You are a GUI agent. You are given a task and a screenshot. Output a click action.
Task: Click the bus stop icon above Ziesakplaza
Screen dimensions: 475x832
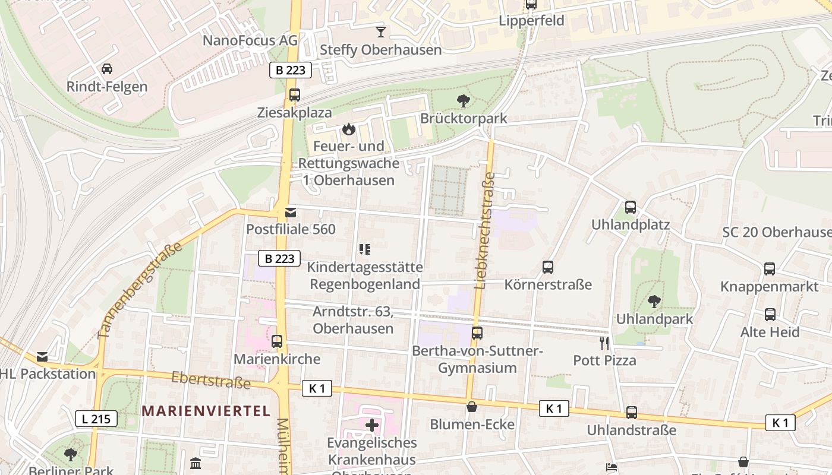tap(294, 95)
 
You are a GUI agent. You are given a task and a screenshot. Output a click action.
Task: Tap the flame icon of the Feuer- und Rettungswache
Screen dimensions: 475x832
tap(348, 128)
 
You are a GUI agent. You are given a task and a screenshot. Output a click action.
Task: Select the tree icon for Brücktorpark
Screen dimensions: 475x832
tap(463, 101)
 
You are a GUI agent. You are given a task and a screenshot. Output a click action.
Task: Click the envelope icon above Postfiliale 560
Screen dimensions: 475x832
tap(291, 212)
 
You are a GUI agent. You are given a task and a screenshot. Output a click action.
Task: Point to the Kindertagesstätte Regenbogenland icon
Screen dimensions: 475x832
tap(364, 249)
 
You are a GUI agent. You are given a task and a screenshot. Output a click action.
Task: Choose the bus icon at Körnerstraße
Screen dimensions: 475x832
tap(548, 267)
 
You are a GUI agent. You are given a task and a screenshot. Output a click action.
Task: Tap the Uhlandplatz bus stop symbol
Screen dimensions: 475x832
tap(631, 207)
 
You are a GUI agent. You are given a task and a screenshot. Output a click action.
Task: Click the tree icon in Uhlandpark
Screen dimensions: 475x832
tap(654, 302)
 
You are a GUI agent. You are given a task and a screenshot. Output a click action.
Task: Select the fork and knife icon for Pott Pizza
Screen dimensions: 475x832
tap(604, 343)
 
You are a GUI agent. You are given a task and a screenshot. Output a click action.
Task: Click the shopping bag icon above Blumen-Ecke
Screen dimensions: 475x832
tap(472, 407)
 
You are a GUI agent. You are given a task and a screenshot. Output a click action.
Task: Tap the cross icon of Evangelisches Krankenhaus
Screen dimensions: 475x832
tap(372, 425)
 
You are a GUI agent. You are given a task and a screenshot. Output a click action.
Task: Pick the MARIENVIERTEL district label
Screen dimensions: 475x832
tap(206, 411)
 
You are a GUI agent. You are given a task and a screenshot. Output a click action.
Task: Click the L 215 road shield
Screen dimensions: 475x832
tap(96, 419)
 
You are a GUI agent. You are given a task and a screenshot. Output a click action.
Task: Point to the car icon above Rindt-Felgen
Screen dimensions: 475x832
tap(107, 69)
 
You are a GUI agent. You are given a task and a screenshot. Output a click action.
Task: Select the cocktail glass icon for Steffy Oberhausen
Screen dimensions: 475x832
tap(381, 31)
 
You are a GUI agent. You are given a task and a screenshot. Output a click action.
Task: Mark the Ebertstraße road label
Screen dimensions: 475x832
tap(211, 380)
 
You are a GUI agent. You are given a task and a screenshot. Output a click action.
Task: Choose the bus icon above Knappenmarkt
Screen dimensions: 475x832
tap(770, 269)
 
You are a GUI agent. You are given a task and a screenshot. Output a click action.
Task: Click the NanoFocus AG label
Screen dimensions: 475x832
tap(250, 40)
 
